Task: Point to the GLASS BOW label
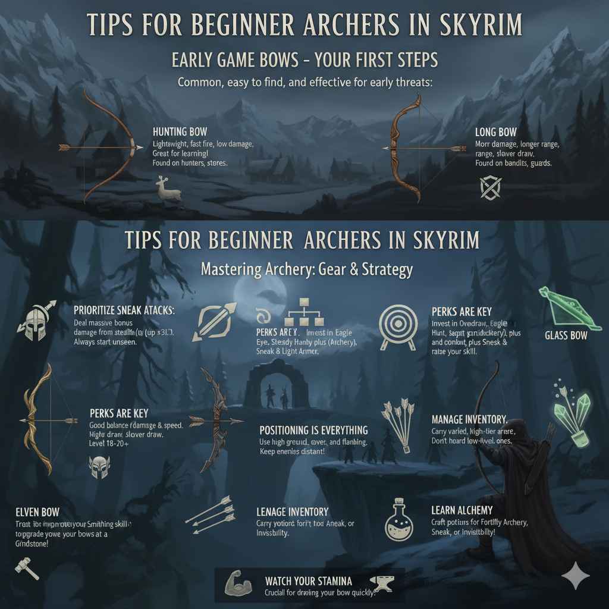(566, 335)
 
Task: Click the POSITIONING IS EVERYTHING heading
(313, 429)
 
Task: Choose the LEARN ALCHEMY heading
(462, 510)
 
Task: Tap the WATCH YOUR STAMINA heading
(308, 580)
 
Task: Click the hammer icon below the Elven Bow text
(27, 567)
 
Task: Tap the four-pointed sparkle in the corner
(576, 576)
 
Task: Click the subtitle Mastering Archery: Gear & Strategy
(306, 269)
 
